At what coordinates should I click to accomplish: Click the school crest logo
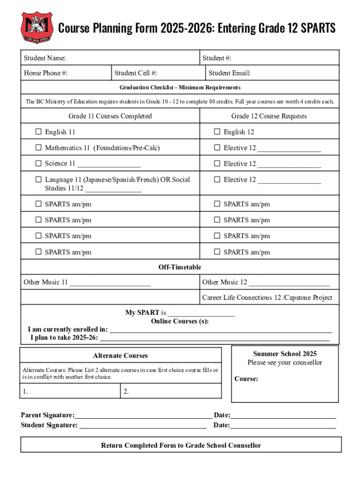click(36, 28)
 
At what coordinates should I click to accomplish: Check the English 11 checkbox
click(38, 132)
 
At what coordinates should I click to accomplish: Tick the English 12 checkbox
click(217, 132)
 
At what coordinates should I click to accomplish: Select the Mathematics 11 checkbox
click(38, 148)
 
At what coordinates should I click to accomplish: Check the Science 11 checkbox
click(38, 164)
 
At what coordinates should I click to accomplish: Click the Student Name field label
click(45, 58)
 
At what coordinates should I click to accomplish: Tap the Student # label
click(216, 58)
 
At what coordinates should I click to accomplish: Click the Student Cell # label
click(136, 73)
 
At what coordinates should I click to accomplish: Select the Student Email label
click(229, 73)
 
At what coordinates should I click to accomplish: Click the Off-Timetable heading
click(180, 267)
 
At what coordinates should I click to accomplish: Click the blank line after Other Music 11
click(110, 283)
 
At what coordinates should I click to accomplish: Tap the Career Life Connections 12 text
click(267, 298)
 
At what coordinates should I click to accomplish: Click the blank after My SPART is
click(201, 313)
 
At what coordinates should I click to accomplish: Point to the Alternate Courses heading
click(120, 356)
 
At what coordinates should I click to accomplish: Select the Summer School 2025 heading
click(285, 354)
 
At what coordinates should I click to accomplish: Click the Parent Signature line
click(143, 415)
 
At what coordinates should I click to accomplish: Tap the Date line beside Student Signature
click(283, 425)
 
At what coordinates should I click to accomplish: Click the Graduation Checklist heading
click(180, 87)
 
